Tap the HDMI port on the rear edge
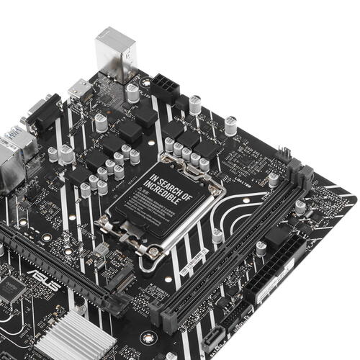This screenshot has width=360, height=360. tap(79, 91)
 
